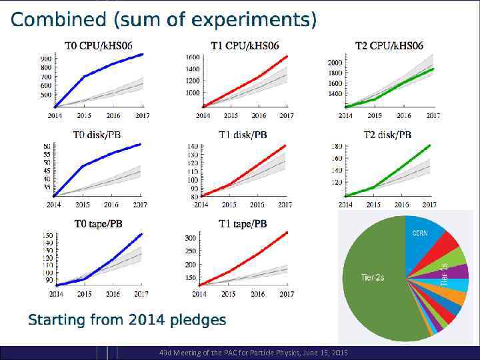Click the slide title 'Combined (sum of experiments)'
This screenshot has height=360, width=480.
[x=163, y=21]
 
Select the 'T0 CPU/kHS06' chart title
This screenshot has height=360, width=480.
[x=98, y=46]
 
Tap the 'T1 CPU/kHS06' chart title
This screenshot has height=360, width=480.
[x=245, y=46]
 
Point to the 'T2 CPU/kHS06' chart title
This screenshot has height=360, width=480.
[x=389, y=46]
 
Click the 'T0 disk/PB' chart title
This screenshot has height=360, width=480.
[x=97, y=135]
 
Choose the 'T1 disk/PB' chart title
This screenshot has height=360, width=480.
[x=243, y=135]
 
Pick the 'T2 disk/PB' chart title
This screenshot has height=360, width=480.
[x=387, y=135]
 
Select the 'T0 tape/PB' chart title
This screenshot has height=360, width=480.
[x=97, y=224]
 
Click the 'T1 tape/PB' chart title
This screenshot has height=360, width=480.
[x=243, y=224]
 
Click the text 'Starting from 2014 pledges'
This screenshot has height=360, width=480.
[x=127, y=321]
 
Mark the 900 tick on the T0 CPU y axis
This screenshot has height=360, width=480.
[x=46, y=59]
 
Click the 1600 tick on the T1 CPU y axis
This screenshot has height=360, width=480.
[x=192, y=57]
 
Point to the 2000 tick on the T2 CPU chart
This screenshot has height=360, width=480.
[x=335, y=63]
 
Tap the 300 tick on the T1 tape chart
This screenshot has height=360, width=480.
[x=190, y=238]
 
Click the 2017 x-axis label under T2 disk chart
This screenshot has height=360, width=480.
[x=431, y=205]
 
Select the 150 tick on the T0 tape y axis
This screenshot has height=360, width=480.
[x=47, y=236]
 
